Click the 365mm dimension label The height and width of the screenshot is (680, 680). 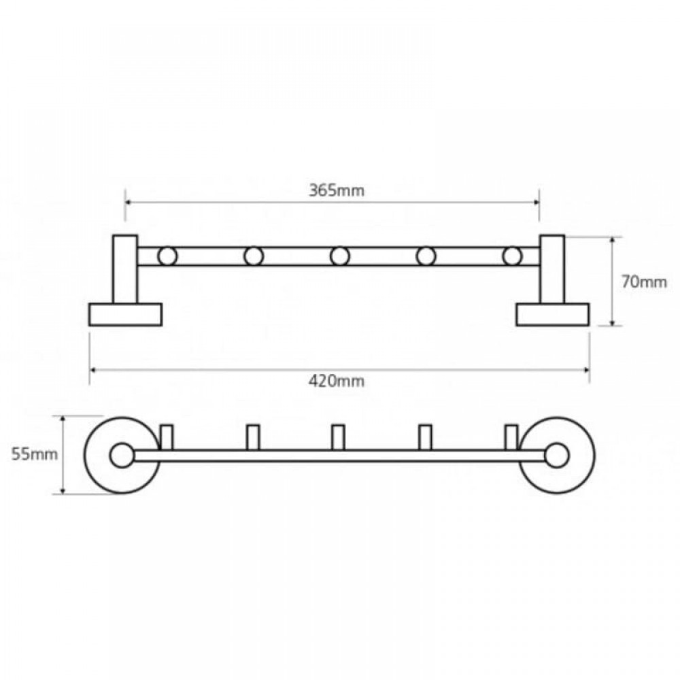337,190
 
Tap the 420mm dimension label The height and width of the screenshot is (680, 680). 337,381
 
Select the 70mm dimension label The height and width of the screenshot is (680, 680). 644,282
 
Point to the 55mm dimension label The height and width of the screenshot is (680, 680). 34,454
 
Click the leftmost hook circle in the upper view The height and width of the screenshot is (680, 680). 167,256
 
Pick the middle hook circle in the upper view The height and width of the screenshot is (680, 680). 339,256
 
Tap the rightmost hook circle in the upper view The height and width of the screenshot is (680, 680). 512,256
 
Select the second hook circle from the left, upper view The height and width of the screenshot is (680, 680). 254,256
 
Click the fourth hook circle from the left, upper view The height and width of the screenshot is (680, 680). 426,256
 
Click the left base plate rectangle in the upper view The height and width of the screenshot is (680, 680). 125,314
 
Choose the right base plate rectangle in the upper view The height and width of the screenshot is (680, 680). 552,314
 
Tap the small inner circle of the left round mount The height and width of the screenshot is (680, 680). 122,456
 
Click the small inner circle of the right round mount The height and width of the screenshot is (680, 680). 557,456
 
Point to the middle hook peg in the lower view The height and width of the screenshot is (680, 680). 338,437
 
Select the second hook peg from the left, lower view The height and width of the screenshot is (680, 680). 253,437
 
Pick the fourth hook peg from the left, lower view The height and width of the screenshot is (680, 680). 426,437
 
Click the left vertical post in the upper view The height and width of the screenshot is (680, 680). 125,269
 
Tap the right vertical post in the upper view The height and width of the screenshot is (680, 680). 552,269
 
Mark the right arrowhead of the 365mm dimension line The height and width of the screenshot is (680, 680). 537,202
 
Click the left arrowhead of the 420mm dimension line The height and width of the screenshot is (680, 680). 92,370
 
